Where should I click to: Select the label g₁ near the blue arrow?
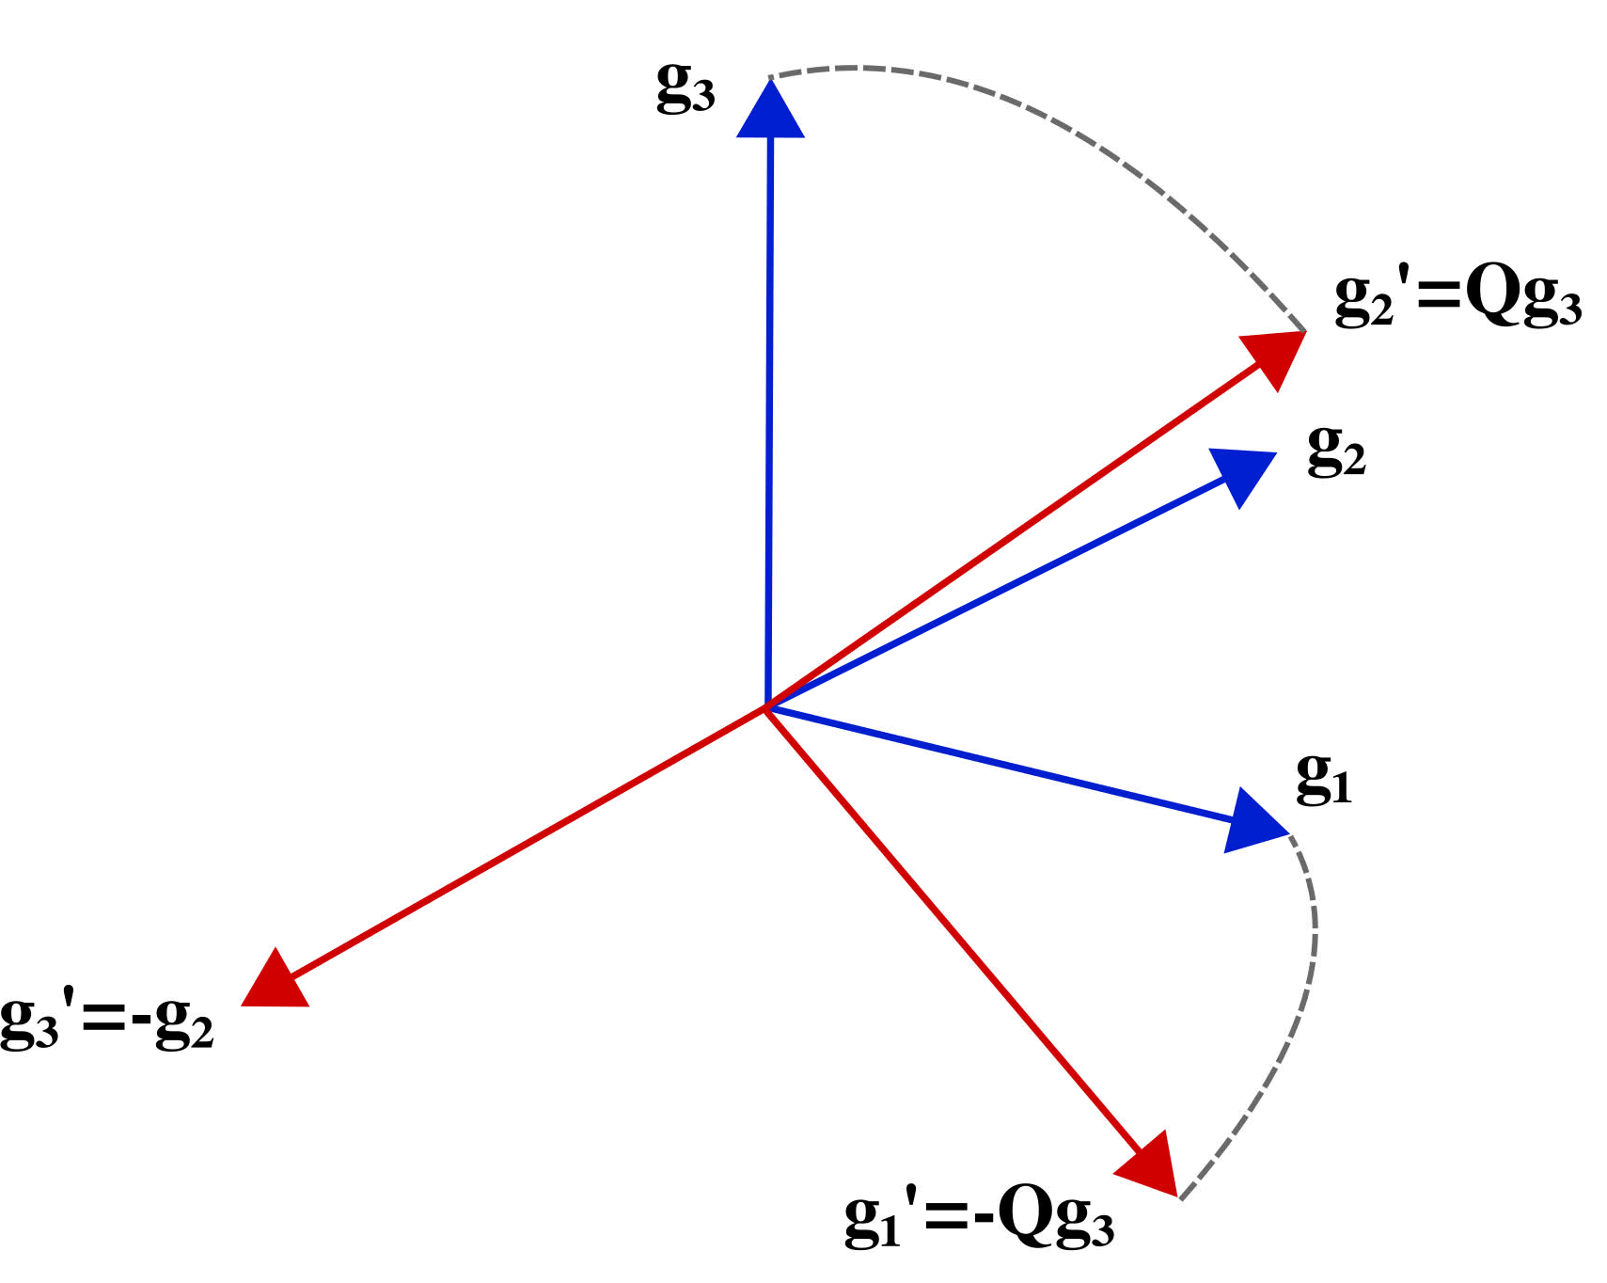1324,780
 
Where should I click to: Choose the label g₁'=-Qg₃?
979,1219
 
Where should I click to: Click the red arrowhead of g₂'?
1275,357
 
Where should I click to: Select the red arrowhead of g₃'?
274,981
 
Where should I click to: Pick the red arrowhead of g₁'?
1149,1164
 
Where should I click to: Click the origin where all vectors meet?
767,706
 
